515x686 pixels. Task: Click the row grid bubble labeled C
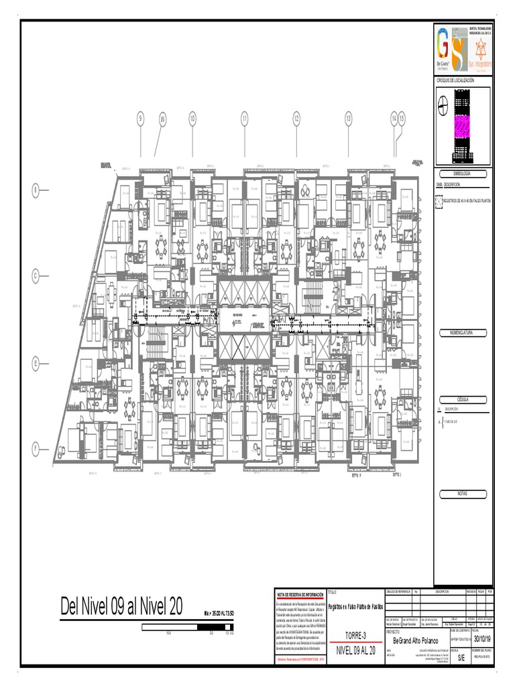[38, 275]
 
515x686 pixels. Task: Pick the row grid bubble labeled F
[38, 448]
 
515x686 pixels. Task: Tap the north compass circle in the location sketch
[443, 102]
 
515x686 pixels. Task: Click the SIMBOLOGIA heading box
[463, 173]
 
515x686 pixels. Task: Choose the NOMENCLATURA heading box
[463, 333]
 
